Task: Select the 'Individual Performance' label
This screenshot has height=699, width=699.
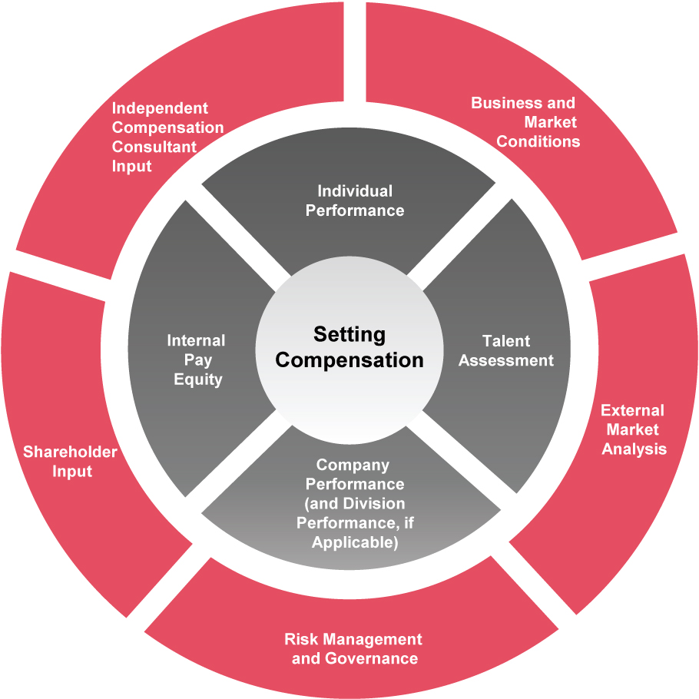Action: pyautogui.click(x=355, y=200)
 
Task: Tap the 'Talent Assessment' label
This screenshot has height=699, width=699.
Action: pyautogui.click(x=506, y=350)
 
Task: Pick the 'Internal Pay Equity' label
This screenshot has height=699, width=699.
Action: pyautogui.click(x=196, y=359)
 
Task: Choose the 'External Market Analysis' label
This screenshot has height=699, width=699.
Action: pyautogui.click(x=633, y=429)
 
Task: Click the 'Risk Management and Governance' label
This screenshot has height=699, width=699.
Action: pyautogui.click(x=353, y=648)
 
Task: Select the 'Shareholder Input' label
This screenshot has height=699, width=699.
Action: pyautogui.click(x=70, y=461)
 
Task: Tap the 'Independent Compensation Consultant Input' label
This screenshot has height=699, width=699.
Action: pyautogui.click(x=167, y=137)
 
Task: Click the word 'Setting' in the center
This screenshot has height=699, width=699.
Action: pyautogui.click(x=349, y=335)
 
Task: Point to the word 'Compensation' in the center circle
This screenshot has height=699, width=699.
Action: pyautogui.click(x=349, y=360)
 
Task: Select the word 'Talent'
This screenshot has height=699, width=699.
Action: pyautogui.click(x=506, y=340)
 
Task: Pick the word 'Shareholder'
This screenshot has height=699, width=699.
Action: pyautogui.click(x=70, y=452)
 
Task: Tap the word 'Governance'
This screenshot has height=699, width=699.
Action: pyautogui.click(x=372, y=658)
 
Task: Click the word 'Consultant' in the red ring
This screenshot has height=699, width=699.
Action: pyautogui.click(x=154, y=147)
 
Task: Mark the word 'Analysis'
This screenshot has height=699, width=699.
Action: pyautogui.click(x=634, y=449)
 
